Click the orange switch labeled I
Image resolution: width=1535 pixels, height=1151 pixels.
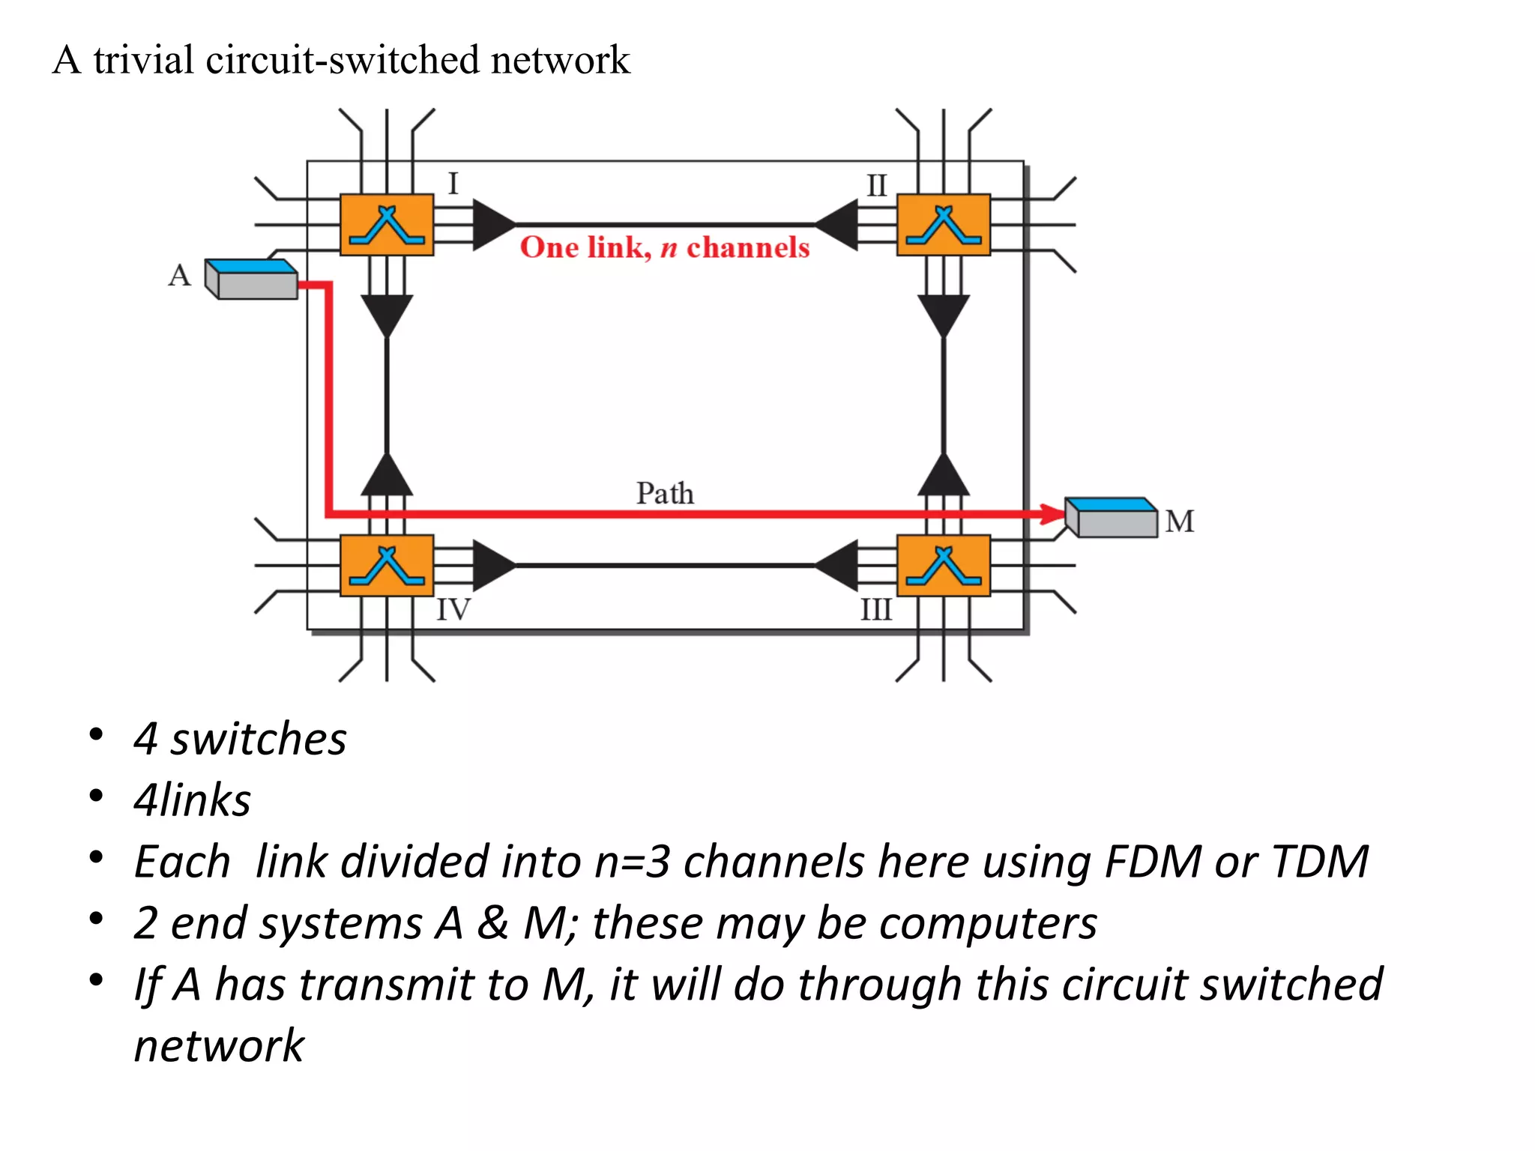pos(387,225)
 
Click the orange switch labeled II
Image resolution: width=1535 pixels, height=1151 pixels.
pos(944,225)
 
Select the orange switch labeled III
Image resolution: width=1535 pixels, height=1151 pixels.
pos(944,566)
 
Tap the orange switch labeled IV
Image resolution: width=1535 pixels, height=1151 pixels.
pos(387,566)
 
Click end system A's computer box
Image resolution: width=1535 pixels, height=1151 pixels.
pos(252,280)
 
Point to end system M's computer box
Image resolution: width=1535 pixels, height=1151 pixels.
pos(1112,518)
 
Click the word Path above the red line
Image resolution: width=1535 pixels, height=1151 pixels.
pos(665,494)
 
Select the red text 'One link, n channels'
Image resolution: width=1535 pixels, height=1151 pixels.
pos(665,248)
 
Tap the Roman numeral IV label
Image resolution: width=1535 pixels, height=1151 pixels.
pos(453,610)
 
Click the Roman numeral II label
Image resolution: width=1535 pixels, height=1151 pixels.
pos(876,186)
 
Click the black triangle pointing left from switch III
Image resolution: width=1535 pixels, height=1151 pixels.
pos(838,566)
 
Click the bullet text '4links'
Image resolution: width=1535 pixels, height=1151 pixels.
pos(192,800)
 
